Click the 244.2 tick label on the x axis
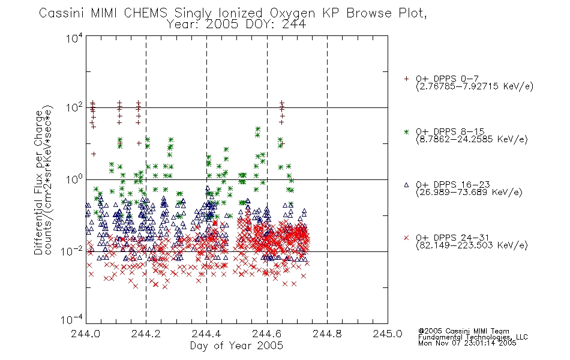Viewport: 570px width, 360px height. (x=146, y=334)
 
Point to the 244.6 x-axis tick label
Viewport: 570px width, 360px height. (x=267, y=334)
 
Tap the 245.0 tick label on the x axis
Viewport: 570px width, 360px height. (x=388, y=334)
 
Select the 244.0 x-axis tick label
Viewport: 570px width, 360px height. (x=86, y=334)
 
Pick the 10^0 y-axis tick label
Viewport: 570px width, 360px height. (x=74, y=179)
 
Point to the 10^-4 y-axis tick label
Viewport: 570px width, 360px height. (x=71, y=320)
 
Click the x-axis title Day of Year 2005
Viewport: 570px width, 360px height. (x=236, y=345)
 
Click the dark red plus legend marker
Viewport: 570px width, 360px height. (x=406, y=79)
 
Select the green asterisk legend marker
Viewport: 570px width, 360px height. (x=406, y=131)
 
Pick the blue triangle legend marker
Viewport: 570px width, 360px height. (x=406, y=185)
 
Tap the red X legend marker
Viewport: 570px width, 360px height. (x=406, y=238)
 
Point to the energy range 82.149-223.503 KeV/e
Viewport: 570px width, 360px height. (x=472, y=245)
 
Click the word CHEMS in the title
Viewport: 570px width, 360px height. (x=145, y=13)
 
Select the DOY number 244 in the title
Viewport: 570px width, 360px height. (x=294, y=24)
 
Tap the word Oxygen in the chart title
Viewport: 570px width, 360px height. (x=292, y=14)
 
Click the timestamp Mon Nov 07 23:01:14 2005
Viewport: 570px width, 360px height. (x=467, y=343)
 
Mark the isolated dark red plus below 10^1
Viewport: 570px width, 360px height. (x=94, y=154)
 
